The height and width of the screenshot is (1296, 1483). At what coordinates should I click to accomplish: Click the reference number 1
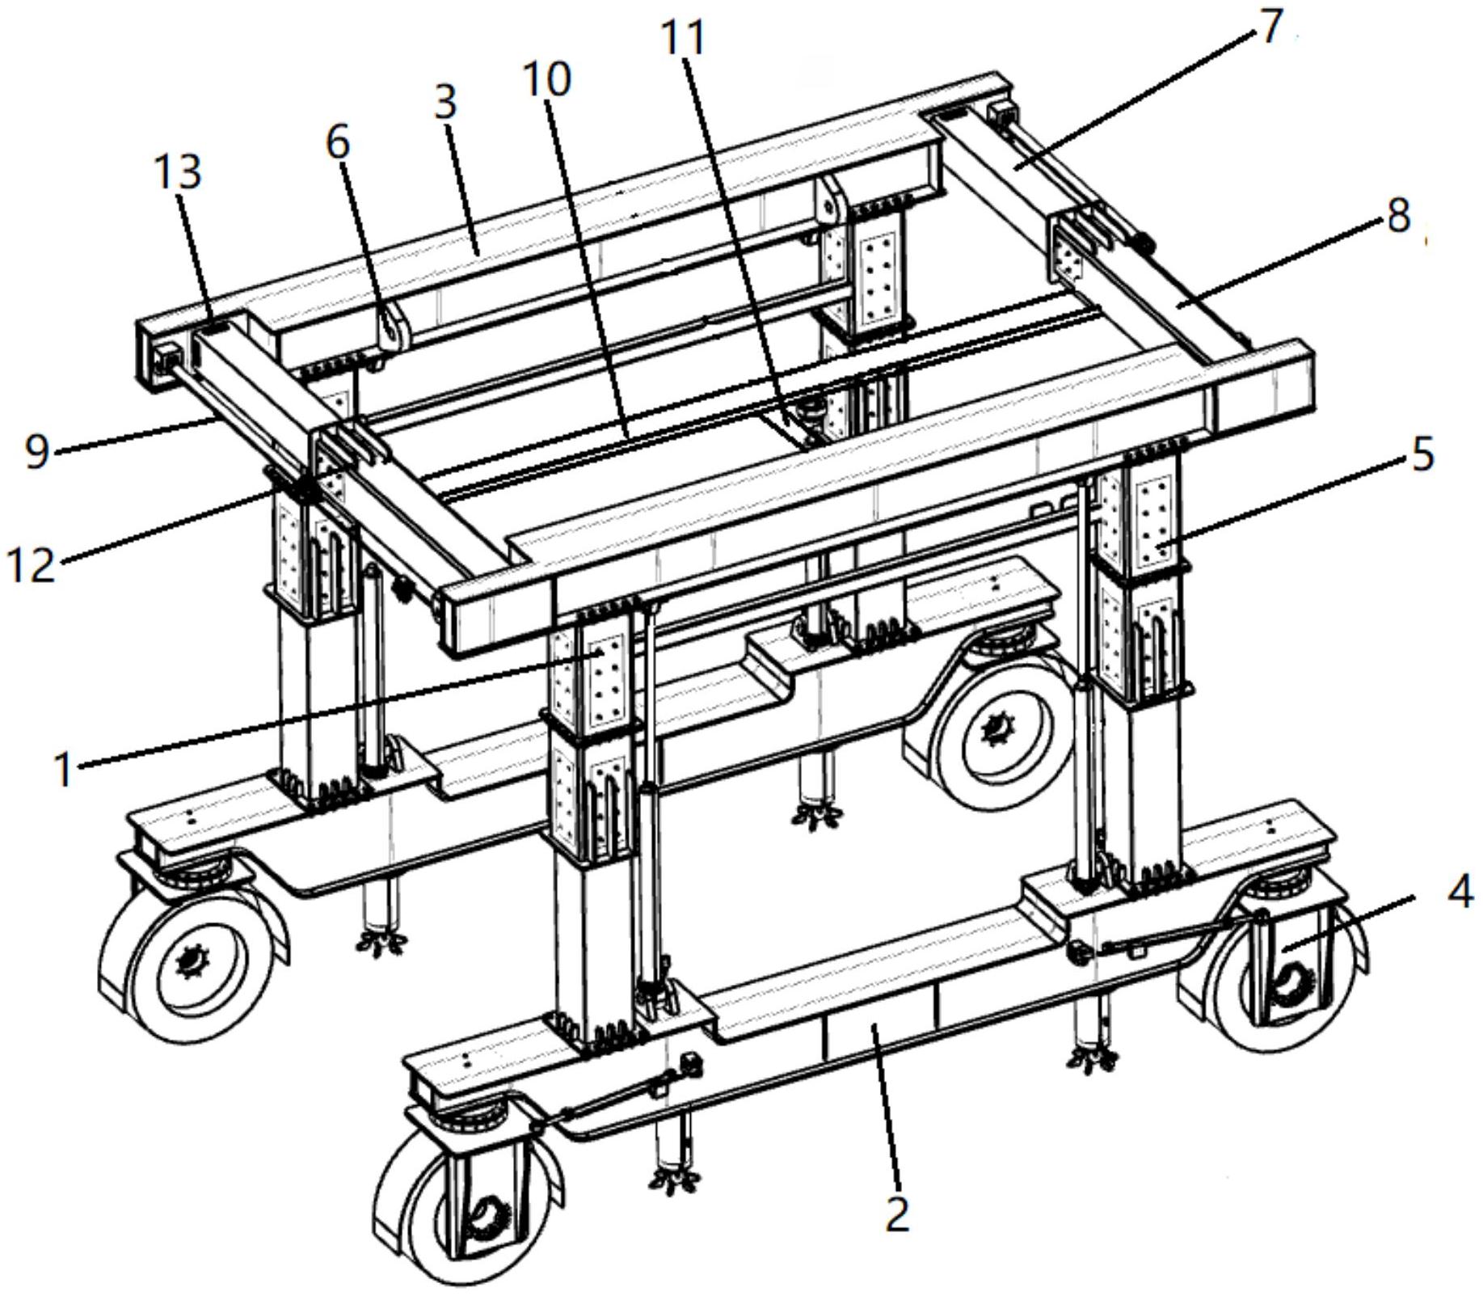click(65, 767)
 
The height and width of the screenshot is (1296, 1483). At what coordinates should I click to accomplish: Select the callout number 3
click(445, 102)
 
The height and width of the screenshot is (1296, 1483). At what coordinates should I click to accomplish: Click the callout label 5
click(1422, 454)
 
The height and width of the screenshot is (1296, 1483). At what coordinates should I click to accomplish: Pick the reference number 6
click(338, 141)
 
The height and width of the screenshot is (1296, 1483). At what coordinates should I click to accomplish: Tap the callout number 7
click(1272, 26)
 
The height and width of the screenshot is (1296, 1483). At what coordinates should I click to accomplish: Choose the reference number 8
click(1399, 215)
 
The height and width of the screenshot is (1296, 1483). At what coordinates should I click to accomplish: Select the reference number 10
click(547, 79)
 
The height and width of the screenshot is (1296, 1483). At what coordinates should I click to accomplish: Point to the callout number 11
click(683, 37)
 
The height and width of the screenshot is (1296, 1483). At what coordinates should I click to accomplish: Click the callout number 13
click(177, 171)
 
